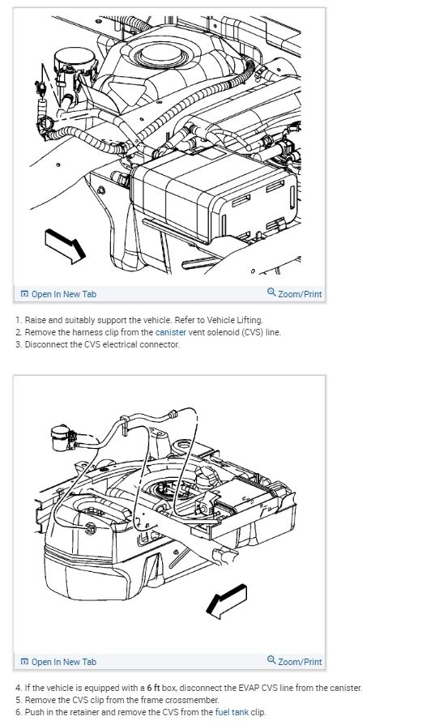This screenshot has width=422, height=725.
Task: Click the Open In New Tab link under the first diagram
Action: click(58, 294)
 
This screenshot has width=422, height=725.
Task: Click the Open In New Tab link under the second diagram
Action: click(58, 662)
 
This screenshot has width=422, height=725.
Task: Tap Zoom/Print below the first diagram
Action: click(295, 293)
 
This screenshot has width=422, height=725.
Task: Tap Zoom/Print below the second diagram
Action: click(295, 662)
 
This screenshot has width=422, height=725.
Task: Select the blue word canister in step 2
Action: click(171, 332)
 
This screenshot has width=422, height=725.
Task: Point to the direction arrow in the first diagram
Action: click(65, 245)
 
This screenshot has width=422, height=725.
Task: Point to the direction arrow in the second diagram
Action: click(227, 601)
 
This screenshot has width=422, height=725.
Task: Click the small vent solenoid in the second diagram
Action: click(62, 437)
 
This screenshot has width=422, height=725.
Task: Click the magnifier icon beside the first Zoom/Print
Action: click(272, 292)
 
